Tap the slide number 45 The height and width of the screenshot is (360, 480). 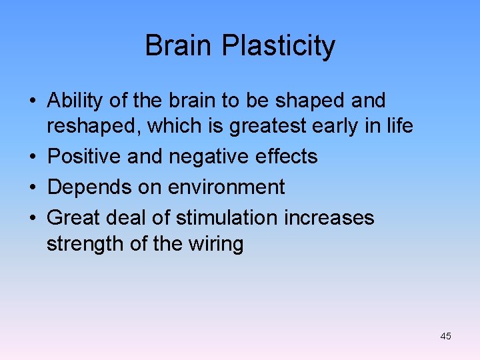(445, 336)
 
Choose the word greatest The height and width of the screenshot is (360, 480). (260, 125)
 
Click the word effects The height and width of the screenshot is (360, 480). (285, 157)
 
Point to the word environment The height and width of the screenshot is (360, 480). (227, 187)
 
